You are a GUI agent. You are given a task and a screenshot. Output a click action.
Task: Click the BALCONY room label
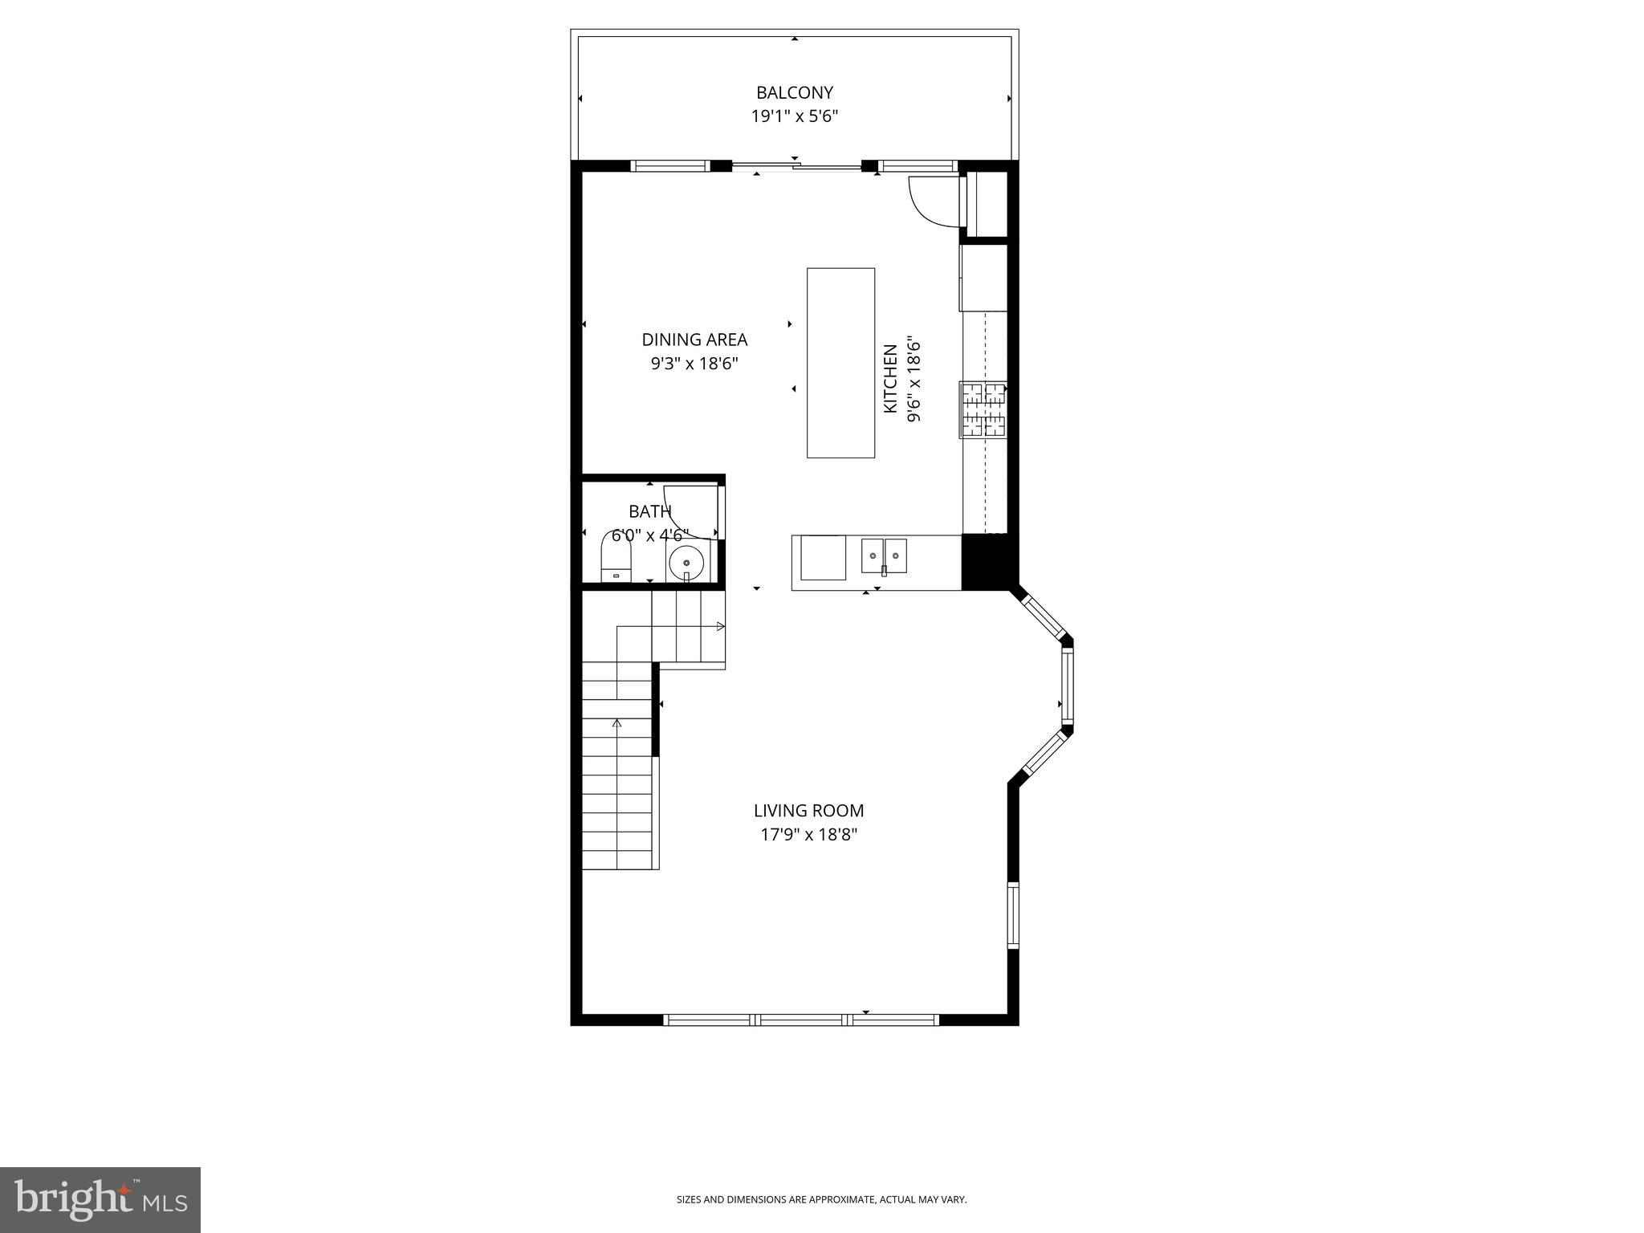pos(794,92)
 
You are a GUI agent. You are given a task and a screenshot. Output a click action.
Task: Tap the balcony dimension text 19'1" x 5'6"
pos(794,116)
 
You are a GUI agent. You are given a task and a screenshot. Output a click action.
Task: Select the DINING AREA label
pos(694,340)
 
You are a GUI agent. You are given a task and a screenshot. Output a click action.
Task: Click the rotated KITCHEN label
pos(889,379)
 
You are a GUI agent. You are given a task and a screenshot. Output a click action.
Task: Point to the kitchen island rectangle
pos(840,363)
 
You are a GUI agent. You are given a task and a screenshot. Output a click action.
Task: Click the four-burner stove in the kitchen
pos(983,410)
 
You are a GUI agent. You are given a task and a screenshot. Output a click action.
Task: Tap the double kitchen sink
pos(884,555)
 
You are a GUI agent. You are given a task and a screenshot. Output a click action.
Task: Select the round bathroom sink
pos(686,563)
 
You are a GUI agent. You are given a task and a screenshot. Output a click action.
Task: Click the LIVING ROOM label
pos(808,811)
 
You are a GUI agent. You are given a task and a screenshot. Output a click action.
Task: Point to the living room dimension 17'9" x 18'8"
pos(808,835)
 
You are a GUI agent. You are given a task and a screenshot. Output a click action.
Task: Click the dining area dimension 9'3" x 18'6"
pos(694,364)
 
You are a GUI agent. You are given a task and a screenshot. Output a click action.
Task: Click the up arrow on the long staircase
pos(616,723)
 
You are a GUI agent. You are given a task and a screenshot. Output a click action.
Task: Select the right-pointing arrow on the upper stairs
pos(720,626)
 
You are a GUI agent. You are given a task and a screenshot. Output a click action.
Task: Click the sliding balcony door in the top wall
pos(795,167)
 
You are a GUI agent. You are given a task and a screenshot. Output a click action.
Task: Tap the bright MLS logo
pos(100,1199)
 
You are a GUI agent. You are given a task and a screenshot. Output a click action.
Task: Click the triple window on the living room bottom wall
pos(801,1020)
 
